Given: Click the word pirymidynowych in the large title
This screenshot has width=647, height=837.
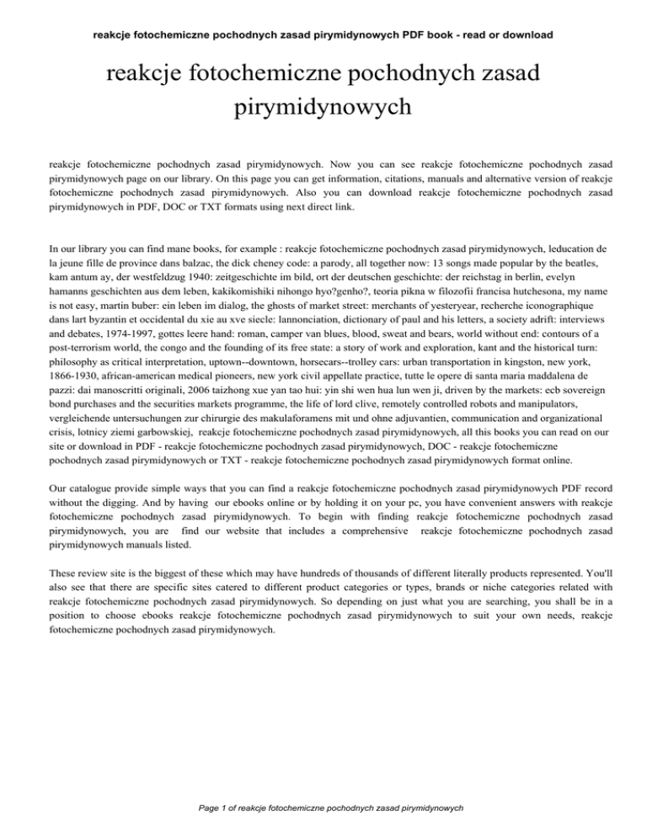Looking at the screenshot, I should tap(323, 108).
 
